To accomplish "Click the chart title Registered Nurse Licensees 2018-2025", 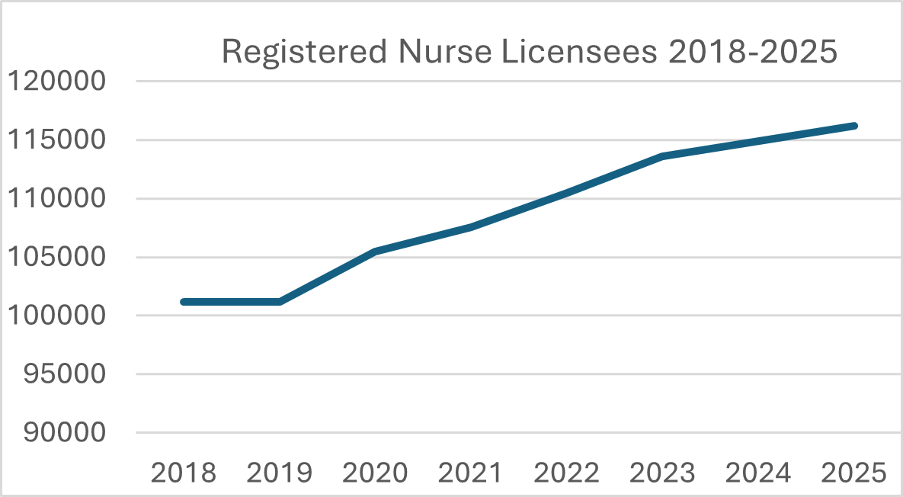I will pyautogui.click(x=529, y=53).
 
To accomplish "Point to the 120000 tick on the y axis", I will pyautogui.click(x=56, y=81).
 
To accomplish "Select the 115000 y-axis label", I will pyautogui.click(x=56, y=139).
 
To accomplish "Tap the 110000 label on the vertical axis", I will pyautogui.click(x=56, y=198).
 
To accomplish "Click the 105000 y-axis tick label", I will pyautogui.click(x=56, y=257).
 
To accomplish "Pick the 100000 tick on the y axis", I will pyautogui.click(x=56, y=316).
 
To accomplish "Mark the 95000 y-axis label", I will pyautogui.click(x=64, y=374).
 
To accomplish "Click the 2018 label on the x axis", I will pyautogui.click(x=184, y=473).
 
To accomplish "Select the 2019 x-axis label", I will pyautogui.click(x=280, y=473).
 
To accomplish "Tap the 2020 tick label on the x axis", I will pyautogui.click(x=376, y=473).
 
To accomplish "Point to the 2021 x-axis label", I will pyautogui.click(x=471, y=473).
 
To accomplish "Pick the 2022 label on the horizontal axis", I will pyautogui.click(x=567, y=473).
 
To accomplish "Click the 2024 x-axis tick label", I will pyautogui.click(x=758, y=473).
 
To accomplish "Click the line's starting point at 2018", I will pyautogui.click(x=184, y=302).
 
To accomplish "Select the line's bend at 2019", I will pyautogui.click(x=280, y=302).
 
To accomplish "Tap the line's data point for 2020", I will pyautogui.click(x=376, y=251).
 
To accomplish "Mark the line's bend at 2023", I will pyautogui.click(x=663, y=156).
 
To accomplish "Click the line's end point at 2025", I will pyautogui.click(x=854, y=126).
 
